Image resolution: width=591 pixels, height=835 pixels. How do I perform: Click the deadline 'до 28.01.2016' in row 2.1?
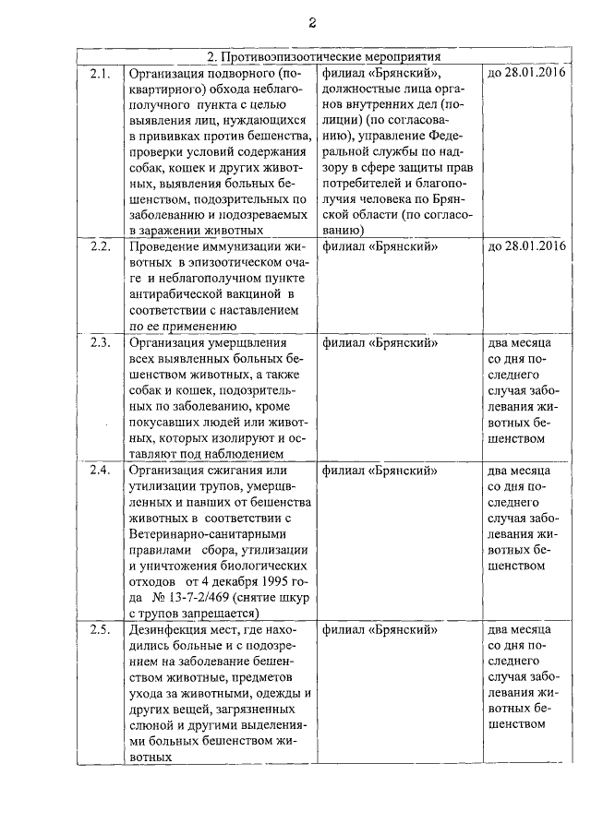click(x=525, y=72)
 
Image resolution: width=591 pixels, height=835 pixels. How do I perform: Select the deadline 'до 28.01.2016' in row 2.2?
click(x=525, y=246)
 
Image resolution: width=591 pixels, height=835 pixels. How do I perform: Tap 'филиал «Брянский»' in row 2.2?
click(x=380, y=246)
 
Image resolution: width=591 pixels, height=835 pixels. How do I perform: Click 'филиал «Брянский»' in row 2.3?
click(x=380, y=342)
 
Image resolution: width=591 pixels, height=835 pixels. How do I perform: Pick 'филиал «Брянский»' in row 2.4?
click(x=380, y=470)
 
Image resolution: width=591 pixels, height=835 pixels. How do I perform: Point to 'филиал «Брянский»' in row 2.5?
click(x=380, y=631)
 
